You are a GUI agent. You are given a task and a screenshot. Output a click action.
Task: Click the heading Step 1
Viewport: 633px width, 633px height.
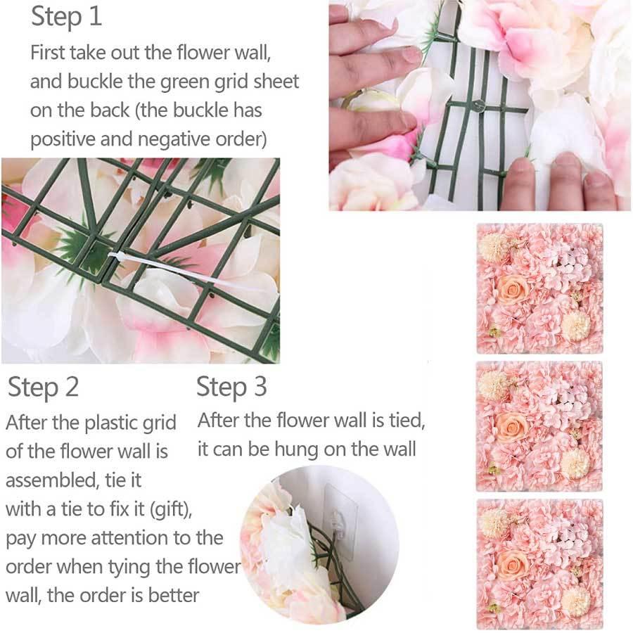[x=66, y=17]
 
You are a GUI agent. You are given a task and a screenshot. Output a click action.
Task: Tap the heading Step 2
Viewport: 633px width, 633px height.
[x=43, y=387]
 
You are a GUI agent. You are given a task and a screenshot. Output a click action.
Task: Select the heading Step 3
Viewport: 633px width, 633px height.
[x=231, y=387]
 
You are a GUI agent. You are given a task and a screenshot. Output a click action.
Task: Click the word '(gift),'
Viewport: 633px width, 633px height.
[x=171, y=509]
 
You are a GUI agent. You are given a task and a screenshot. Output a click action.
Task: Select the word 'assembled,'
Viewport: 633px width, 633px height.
[x=52, y=480]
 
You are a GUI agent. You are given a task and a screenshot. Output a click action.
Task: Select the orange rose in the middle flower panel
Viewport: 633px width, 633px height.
[x=511, y=427]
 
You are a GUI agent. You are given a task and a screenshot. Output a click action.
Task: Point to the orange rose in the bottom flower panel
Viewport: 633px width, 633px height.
[x=511, y=564]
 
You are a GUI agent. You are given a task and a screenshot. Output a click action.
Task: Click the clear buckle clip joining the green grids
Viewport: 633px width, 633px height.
[x=478, y=105]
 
